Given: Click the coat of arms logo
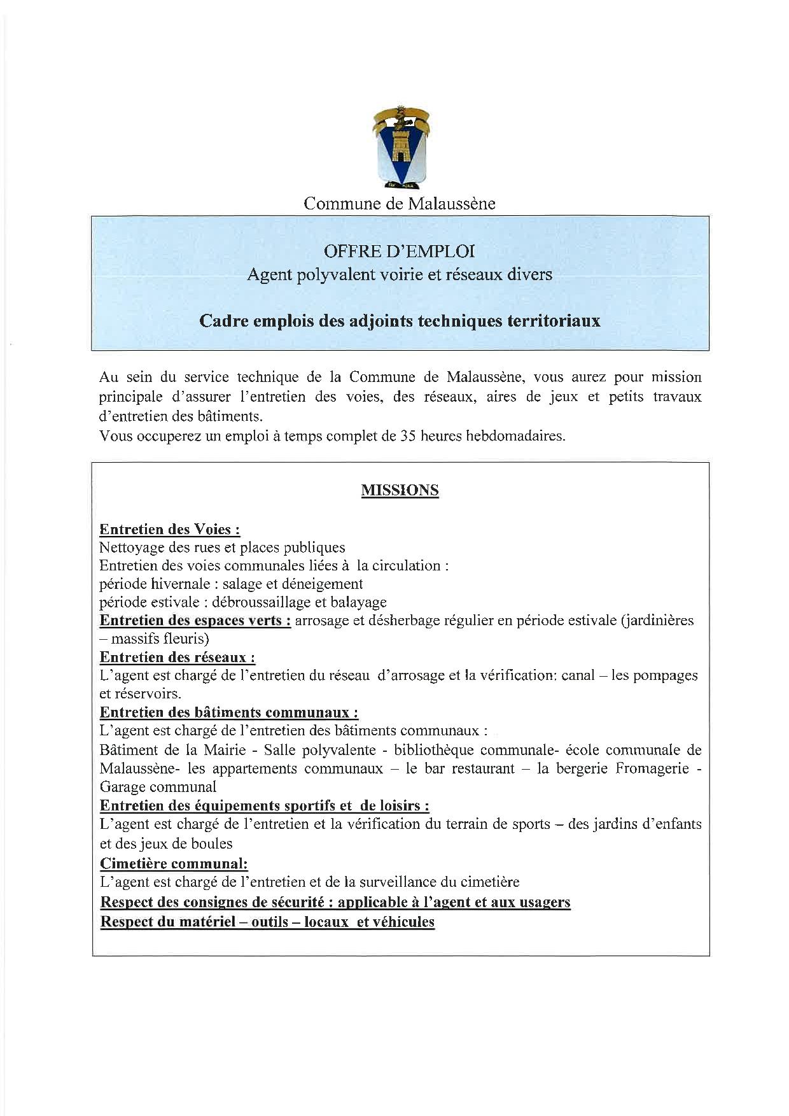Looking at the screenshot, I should (400, 146).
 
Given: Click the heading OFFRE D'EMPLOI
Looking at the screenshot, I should (399, 251).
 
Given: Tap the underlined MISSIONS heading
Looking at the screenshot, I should (400, 490).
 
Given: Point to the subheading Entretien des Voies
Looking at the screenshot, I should (170, 530).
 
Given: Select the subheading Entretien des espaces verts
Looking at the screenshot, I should (195, 620).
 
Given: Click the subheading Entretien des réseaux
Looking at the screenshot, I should (178, 657).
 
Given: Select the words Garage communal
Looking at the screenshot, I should (158, 787).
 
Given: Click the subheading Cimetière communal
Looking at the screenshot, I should (174, 864).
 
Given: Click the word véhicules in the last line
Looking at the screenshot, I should (404, 922).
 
